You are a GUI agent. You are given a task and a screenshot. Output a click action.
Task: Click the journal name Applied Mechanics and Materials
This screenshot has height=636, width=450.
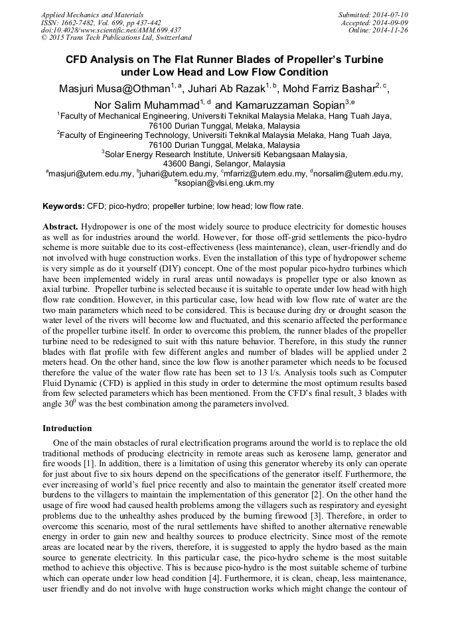click(x=84, y=14)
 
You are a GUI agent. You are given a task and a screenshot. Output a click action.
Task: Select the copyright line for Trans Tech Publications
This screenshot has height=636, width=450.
click(x=116, y=38)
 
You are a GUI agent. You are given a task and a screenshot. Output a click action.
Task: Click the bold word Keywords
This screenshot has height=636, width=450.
click(x=63, y=207)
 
